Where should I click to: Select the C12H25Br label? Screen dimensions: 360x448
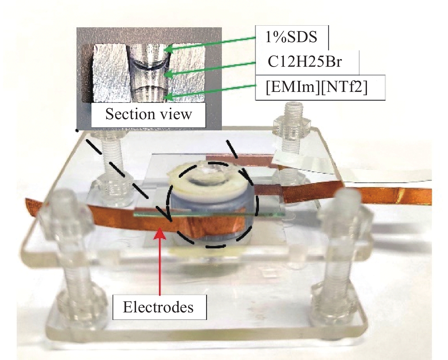coord(305,62)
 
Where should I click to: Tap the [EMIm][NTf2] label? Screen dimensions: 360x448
coord(317,88)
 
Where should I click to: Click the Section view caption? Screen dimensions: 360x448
coord(148,114)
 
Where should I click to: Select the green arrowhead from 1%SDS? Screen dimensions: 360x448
coord(169,49)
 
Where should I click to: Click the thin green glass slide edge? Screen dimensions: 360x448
coord(209,214)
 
